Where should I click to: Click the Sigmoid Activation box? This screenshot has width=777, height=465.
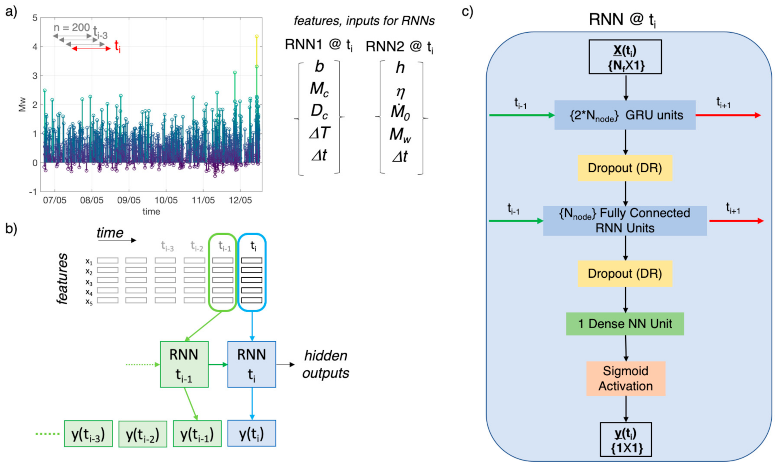point(625,378)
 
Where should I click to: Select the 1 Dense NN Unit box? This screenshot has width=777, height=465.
point(624,324)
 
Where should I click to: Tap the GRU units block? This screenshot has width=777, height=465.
point(624,115)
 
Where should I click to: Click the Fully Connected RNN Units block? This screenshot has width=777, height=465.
point(624,220)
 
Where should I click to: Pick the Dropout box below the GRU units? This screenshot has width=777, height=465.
point(624,168)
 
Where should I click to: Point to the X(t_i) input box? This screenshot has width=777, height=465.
point(625,57)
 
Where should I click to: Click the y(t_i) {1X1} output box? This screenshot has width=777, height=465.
point(626,440)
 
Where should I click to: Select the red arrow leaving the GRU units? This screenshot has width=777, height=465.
point(728,115)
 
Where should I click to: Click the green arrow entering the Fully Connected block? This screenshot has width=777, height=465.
point(516,221)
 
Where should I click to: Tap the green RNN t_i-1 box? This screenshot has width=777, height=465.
point(184,364)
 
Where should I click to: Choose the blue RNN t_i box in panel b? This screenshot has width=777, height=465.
point(252,364)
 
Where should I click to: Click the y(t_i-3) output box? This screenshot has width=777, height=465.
point(88,434)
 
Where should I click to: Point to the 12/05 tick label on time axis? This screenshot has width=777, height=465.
point(240,200)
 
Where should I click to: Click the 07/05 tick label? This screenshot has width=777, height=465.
point(55,200)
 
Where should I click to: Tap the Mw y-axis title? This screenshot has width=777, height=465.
point(22,105)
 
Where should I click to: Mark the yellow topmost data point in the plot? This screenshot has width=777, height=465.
point(257,37)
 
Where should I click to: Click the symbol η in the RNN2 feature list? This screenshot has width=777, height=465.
point(401,92)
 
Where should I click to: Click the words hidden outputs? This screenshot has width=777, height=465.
point(325,364)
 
